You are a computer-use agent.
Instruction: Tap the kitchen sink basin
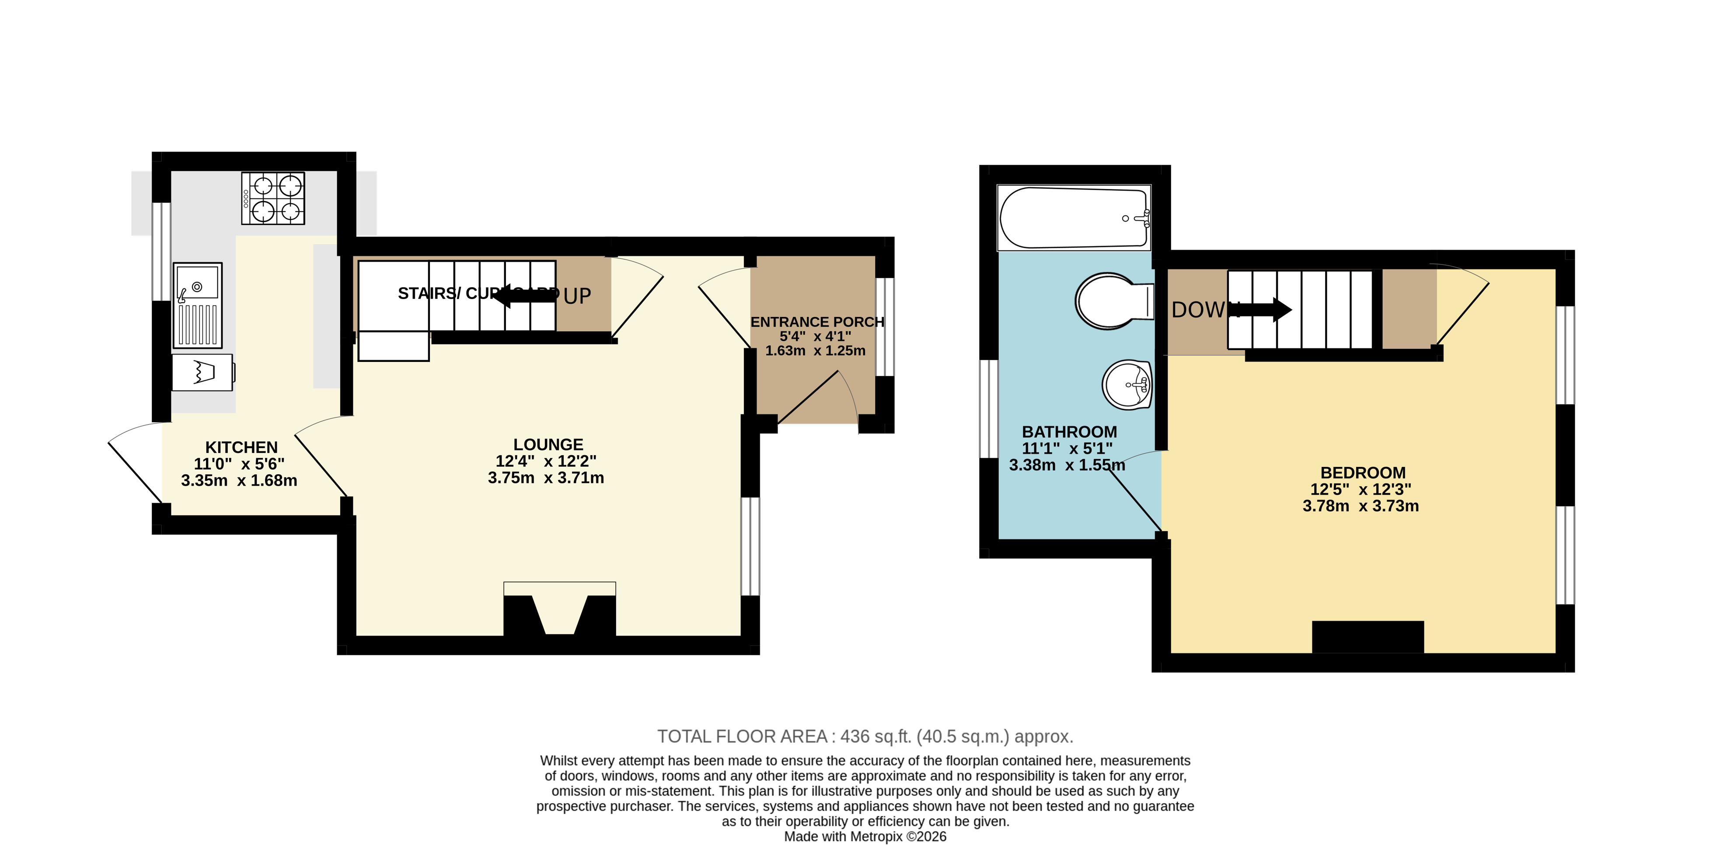pyautogui.click(x=198, y=282)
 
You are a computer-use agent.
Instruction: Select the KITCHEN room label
pyautogui.click(x=241, y=447)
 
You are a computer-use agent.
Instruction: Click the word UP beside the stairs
pyautogui.click(x=577, y=296)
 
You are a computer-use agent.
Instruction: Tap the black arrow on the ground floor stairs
pyautogui.click(x=526, y=295)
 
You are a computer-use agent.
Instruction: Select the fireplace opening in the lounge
pyautogui.click(x=559, y=613)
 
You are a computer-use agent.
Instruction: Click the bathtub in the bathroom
pyautogui.click(x=1073, y=218)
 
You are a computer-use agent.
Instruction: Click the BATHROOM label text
pyautogui.click(x=1069, y=431)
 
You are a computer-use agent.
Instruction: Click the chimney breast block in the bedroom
pyautogui.click(x=1367, y=636)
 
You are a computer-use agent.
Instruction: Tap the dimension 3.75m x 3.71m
pyautogui.click(x=546, y=478)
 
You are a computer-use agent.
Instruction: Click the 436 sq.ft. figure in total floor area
pyautogui.click(x=876, y=737)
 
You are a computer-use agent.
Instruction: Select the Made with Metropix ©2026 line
pyautogui.click(x=865, y=836)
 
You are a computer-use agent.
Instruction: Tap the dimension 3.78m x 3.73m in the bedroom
pyautogui.click(x=1360, y=506)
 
